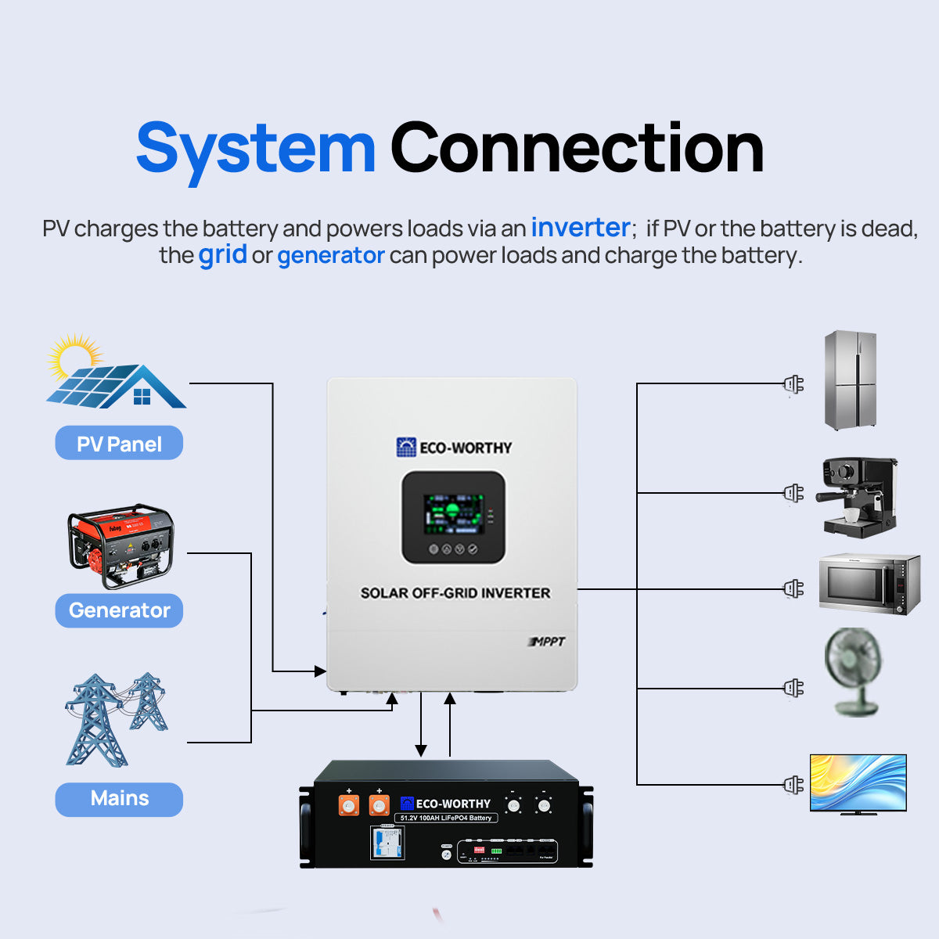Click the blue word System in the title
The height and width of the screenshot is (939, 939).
(256, 149)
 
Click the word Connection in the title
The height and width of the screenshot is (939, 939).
(577, 149)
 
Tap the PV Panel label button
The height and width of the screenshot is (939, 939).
(119, 444)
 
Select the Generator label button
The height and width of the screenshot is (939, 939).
(119, 610)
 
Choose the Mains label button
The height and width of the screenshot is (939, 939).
(119, 799)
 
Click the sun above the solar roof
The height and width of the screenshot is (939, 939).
(74, 356)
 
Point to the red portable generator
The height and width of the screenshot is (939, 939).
(121, 546)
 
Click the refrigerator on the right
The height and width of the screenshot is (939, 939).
(851, 380)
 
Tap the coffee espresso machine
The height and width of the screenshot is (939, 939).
(857, 498)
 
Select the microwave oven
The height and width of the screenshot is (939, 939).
(869, 584)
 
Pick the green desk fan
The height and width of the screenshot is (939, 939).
(854, 671)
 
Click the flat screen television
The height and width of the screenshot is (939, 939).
(858, 783)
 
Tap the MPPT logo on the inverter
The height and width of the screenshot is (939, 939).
(546, 642)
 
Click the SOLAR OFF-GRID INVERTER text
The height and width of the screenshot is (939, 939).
(455, 593)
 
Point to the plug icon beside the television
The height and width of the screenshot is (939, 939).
(793, 784)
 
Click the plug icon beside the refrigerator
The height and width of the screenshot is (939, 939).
(793, 384)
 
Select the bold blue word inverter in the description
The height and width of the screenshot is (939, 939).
(580, 228)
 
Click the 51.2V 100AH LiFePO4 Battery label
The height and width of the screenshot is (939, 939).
(446, 818)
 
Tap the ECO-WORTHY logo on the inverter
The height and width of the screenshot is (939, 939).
(454, 448)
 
